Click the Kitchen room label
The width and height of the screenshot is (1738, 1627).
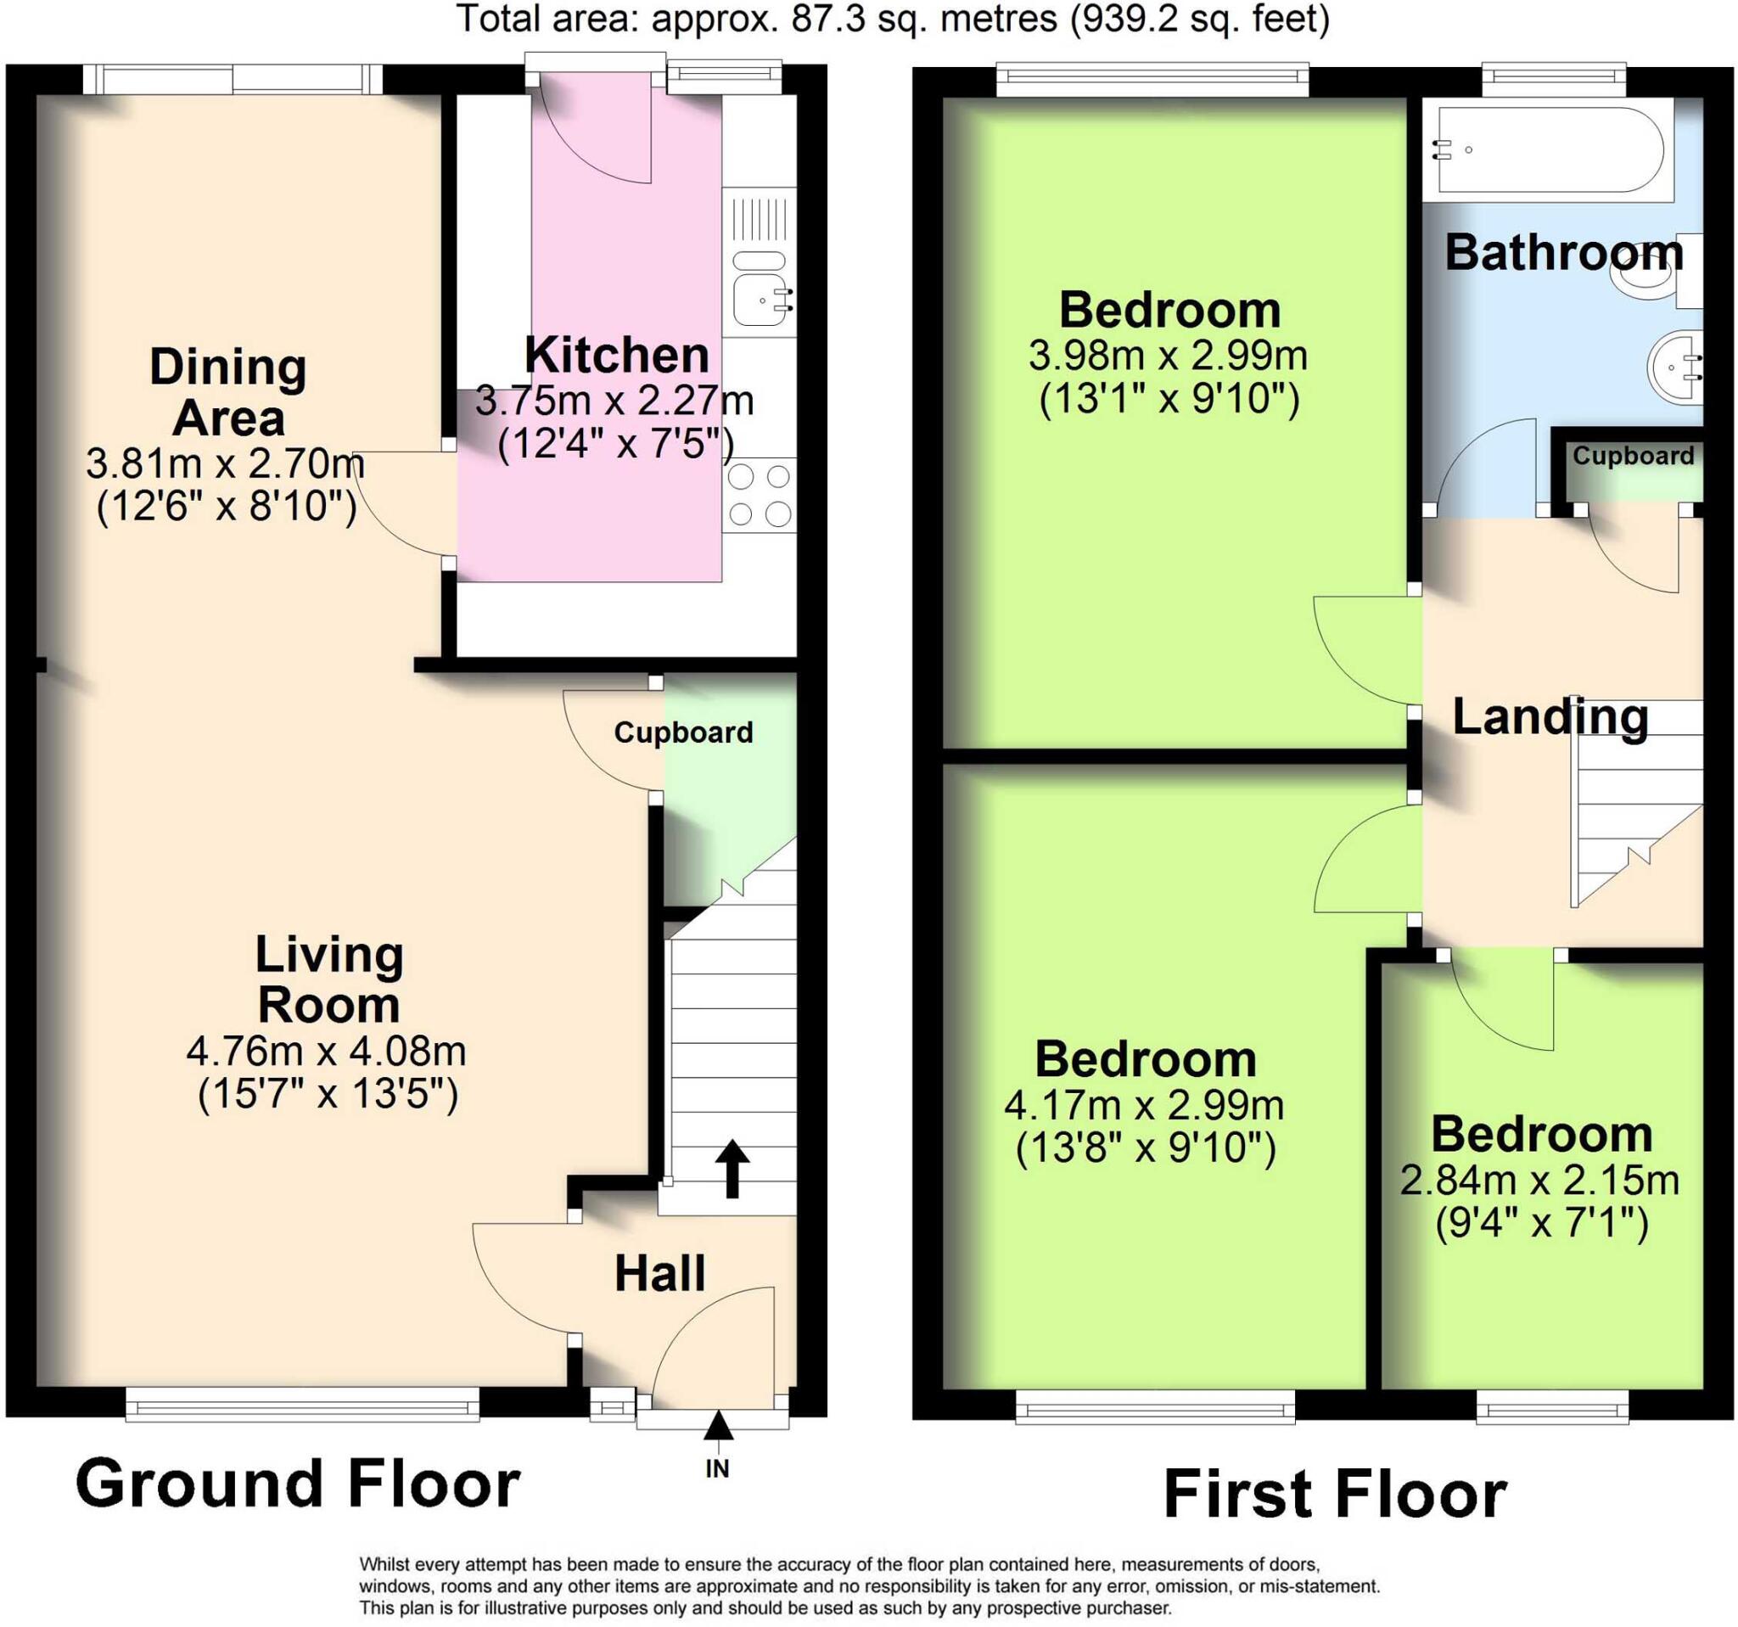click(616, 355)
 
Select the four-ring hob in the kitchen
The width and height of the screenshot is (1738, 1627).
click(759, 495)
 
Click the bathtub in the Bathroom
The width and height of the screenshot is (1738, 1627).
click(1547, 149)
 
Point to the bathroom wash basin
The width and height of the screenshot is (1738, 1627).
click(1675, 367)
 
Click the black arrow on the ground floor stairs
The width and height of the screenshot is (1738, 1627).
click(732, 1168)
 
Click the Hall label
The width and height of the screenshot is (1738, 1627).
click(659, 1273)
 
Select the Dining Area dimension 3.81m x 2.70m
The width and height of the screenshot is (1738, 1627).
click(226, 463)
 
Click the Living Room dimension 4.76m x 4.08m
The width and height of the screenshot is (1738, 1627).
click(326, 1051)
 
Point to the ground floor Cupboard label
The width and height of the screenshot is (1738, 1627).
click(683, 732)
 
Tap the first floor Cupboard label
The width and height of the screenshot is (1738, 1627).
click(1633, 456)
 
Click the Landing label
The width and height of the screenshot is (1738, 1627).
click(1550, 717)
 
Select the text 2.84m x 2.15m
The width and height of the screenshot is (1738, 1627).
click(1539, 1181)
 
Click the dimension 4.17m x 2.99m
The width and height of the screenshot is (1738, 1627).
click(1143, 1106)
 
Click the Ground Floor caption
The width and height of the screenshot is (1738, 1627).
click(297, 1484)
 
